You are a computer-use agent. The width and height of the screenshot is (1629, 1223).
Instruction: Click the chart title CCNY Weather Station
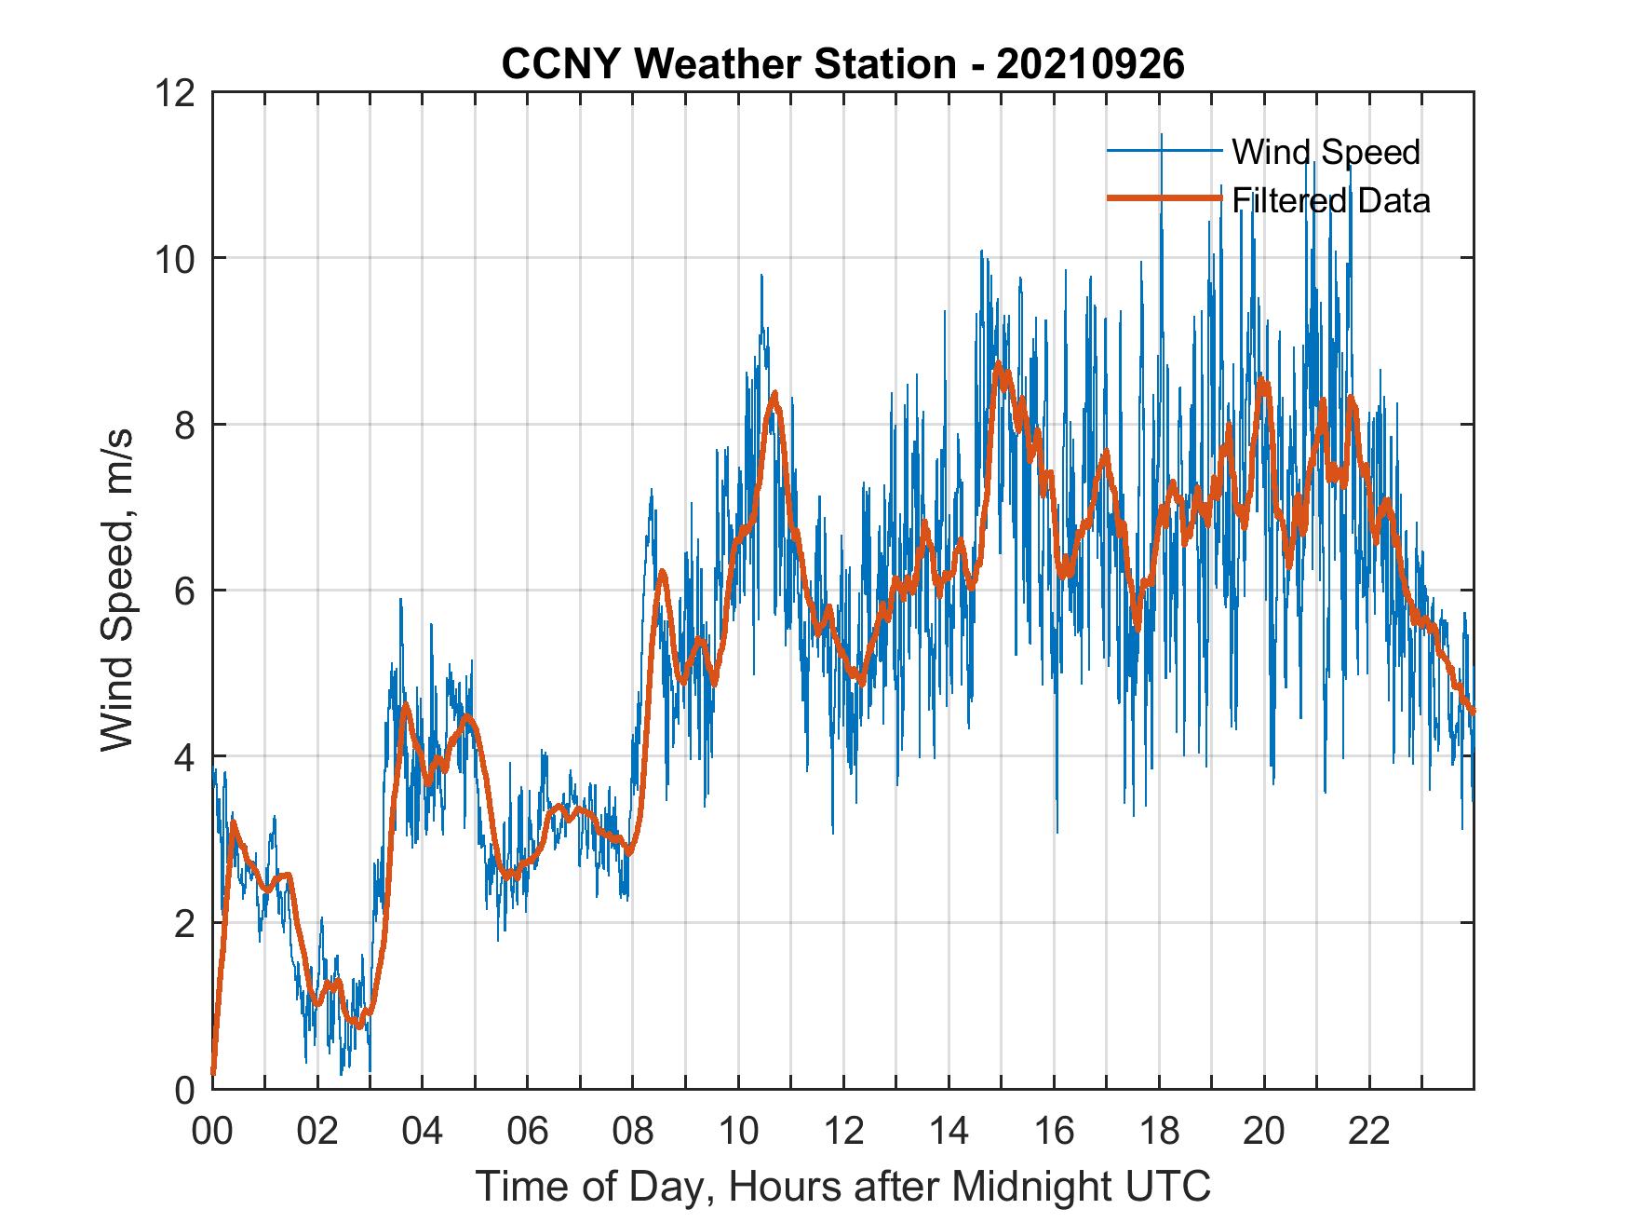[x=842, y=64]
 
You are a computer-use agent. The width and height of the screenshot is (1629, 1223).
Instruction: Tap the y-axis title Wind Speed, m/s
[x=118, y=590]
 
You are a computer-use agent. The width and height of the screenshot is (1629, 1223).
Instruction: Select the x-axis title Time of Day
[x=842, y=1186]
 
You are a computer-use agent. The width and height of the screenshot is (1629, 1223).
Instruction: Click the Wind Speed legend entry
[x=1326, y=152]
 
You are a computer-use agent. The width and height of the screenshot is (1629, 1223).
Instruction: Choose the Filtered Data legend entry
[x=1330, y=200]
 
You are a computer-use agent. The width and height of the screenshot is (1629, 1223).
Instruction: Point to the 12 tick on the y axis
[x=177, y=93]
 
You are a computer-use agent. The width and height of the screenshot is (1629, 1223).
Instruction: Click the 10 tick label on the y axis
[x=177, y=259]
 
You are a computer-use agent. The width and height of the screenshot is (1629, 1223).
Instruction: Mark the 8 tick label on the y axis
[x=184, y=425]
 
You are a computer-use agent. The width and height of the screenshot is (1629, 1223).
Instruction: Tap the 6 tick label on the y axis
[x=184, y=591]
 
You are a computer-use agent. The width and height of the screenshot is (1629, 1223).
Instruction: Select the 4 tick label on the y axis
[x=184, y=756]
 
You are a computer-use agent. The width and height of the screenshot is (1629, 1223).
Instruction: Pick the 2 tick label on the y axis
[x=184, y=923]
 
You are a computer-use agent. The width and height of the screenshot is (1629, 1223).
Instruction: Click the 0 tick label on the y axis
[x=184, y=1089]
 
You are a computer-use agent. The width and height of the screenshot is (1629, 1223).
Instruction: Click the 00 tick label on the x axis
[x=212, y=1132]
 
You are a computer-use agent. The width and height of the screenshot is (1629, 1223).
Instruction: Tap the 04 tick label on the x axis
[x=423, y=1132]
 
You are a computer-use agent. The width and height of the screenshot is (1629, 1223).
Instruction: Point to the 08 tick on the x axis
[x=633, y=1132]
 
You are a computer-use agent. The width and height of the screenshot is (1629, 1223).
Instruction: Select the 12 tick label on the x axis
[x=843, y=1132]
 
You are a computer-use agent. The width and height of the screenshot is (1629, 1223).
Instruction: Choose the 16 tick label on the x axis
[x=1054, y=1132]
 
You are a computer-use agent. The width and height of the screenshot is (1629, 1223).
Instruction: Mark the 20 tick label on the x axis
[x=1264, y=1132]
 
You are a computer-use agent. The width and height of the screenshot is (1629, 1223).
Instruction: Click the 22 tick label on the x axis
[x=1369, y=1132]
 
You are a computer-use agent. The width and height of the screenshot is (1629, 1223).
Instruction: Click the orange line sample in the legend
[x=1164, y=199]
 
